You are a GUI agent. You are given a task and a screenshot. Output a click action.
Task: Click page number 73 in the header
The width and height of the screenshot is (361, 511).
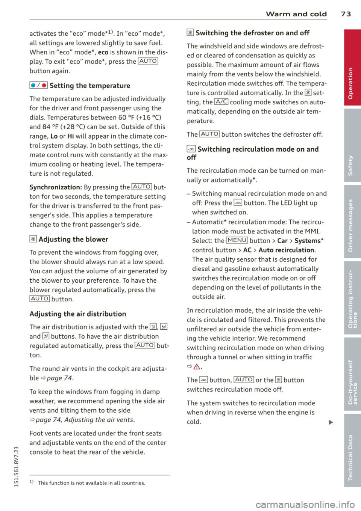click(346, 14)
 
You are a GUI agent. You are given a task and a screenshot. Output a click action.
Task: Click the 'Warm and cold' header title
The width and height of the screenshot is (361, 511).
click(296, 14)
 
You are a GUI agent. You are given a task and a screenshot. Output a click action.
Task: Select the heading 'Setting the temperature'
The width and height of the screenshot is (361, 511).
click(89, 86)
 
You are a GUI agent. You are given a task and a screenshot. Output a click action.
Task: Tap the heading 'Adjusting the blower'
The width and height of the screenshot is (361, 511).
click(73, 239)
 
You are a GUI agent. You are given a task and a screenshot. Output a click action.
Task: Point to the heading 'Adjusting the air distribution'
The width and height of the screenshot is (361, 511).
click(78, 314)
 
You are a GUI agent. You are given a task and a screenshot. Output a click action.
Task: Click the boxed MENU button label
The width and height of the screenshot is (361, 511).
click(237, 241)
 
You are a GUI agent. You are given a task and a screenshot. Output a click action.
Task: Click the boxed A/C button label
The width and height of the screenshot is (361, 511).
click(221, 102)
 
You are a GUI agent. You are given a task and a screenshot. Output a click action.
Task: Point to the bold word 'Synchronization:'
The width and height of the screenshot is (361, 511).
click(56, 187)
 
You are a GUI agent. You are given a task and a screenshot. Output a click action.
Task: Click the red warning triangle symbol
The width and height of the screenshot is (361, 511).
click(197, 367)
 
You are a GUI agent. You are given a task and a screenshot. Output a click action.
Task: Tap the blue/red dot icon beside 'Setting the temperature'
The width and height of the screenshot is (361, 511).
click(38, 86)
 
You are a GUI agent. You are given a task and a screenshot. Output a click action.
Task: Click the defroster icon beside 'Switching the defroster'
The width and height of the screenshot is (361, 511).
click(190, 33)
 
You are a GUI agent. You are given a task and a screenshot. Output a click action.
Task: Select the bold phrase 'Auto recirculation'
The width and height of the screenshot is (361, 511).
click(287, 250)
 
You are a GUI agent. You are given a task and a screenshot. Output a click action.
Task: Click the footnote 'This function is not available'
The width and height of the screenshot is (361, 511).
click(91, 483)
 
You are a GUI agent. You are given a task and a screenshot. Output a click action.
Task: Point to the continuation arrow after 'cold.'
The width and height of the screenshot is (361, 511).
click(331, 422)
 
